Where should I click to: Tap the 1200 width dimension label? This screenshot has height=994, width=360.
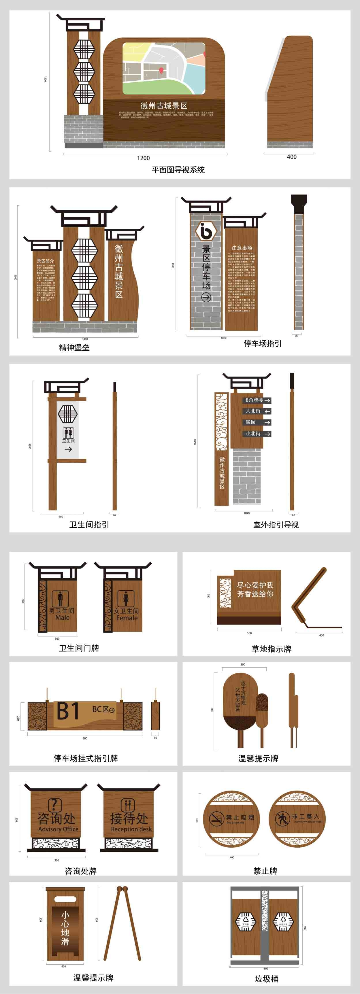point(143,158)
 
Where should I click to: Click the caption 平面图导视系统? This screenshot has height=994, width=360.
point(178,170)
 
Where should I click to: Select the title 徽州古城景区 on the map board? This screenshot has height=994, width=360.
point(164,106)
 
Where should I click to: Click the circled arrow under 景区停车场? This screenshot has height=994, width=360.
point(206,297)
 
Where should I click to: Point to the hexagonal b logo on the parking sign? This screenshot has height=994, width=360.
point(206,231)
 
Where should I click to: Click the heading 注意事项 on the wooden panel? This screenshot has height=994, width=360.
point(242,248)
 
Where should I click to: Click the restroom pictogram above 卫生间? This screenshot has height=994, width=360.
point(68,432)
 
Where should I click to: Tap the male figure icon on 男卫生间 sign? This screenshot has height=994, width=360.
point(60,598)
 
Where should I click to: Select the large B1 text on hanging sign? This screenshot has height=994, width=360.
point(68,711)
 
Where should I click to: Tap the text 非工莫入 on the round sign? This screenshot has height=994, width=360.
point(306,817)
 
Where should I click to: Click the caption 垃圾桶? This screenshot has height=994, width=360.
point(266,978)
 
